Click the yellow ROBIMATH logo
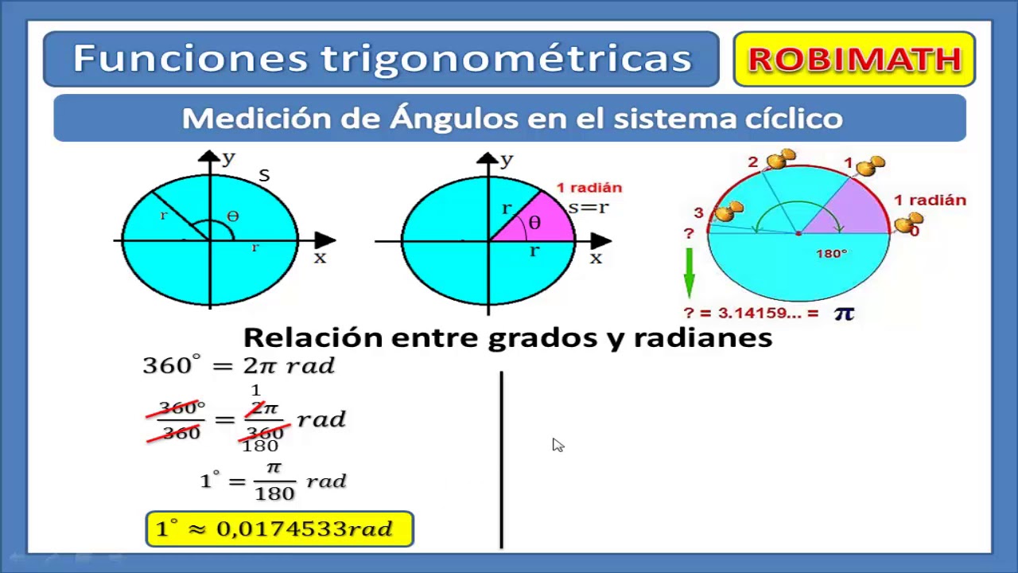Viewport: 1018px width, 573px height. (854, 60)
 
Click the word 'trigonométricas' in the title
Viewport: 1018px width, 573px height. (507, 59)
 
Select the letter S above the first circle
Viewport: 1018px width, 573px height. (264, 175)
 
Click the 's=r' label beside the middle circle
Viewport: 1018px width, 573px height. (589, 208)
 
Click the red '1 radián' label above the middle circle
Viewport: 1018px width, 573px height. (589, 188)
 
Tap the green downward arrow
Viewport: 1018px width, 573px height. (689, 273)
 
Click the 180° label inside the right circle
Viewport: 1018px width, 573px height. (832, 254)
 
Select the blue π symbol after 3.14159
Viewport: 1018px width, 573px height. (844, 314)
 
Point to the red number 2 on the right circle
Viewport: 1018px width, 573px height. (753, 162)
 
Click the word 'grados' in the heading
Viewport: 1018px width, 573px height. (541, 337)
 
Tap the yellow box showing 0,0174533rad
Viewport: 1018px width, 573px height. (280, 529)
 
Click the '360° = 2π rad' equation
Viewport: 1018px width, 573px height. (239, 365)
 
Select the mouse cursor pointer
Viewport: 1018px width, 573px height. (557, 445)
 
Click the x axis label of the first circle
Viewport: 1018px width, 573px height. (320, 258)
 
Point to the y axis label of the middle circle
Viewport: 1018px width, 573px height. (507, 159)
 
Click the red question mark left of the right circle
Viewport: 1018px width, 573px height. (689, 232)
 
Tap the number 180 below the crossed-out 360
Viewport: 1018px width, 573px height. (260, 446)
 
